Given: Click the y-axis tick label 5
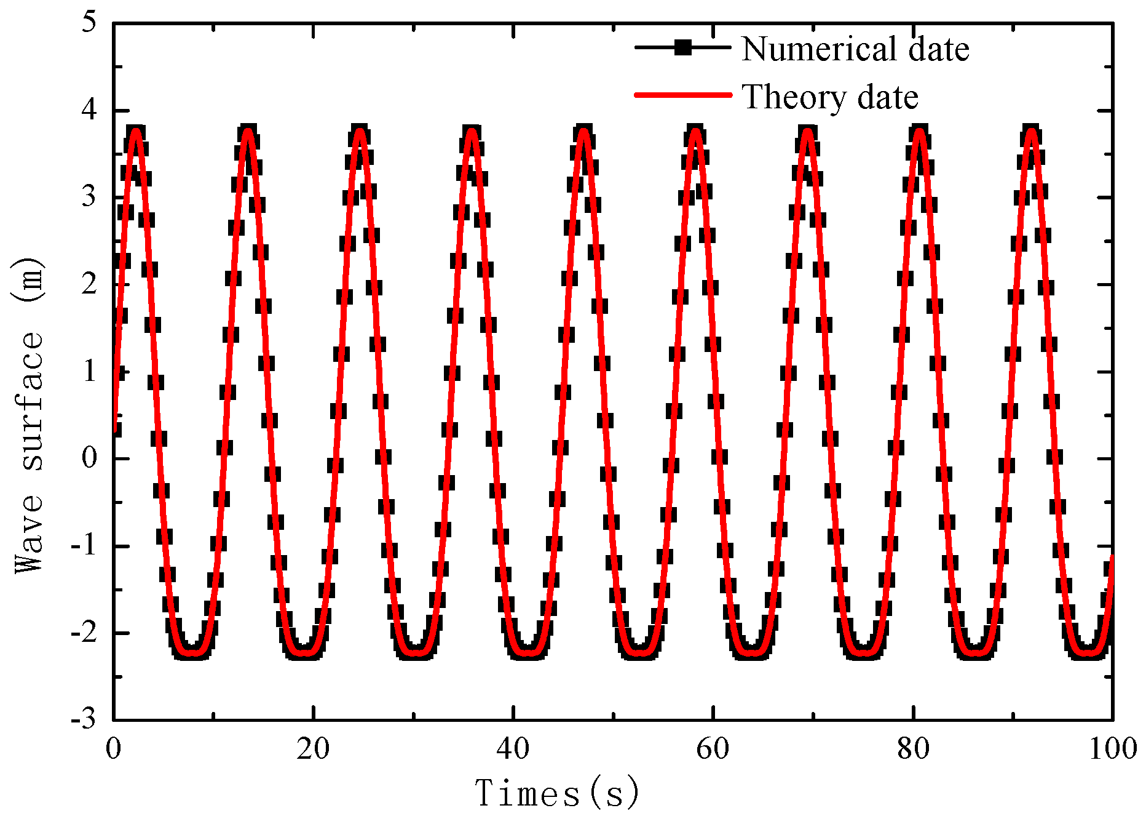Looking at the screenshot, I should coord(90,23).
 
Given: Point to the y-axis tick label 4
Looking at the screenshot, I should coord(90,110).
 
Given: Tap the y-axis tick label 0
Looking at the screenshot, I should coord(90,458).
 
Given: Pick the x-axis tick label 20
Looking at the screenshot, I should coord(313,749).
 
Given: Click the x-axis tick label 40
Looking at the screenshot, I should coord(513,749).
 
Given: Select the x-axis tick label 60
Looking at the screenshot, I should coord(713,749).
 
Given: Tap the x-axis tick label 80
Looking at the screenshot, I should coord(913,749).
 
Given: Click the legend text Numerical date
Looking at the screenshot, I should coord(855,49).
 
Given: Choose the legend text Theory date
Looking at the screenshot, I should coord(830,97).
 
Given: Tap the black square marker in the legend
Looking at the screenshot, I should coord(683,47).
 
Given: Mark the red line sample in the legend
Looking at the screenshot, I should coord(683,95).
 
